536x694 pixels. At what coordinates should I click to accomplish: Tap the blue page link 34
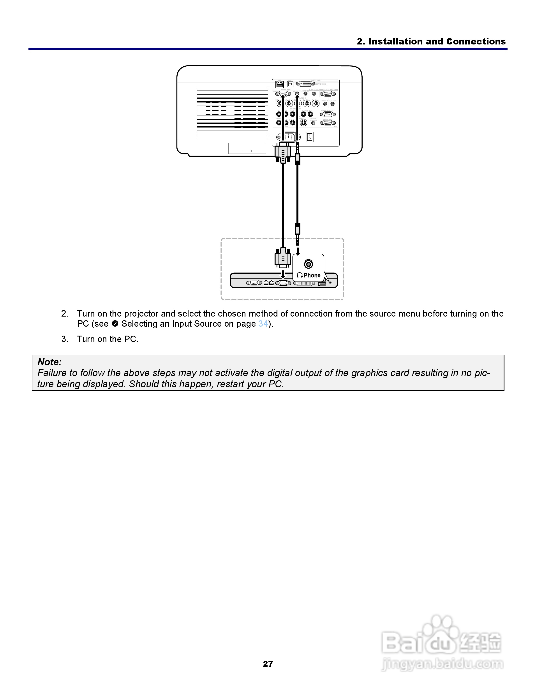(x=263, y=324)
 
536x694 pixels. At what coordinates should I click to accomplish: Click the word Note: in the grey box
(x=49, y=362)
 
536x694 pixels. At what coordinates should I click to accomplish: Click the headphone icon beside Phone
(x=300, y=275)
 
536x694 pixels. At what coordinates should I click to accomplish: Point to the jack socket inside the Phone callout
(x=308, y=264)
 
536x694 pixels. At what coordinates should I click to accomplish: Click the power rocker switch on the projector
(x=310, y=137)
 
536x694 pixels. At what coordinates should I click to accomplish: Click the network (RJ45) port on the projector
(x=279, y=84)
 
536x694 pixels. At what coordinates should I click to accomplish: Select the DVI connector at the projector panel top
(x=305, y=84)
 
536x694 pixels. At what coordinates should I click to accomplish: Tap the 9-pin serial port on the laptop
(x=254, y=283)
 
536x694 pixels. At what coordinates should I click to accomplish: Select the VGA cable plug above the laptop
(x=283, y=258)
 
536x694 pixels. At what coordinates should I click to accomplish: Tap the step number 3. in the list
(x=65, y=339)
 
